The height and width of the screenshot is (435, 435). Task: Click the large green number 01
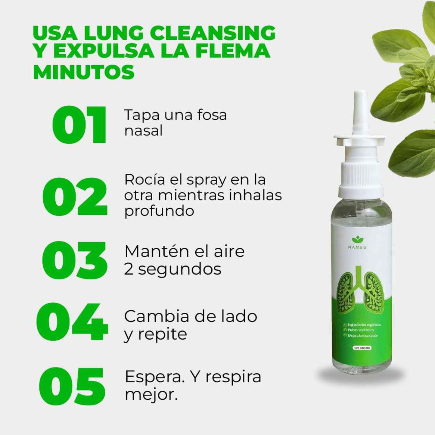pyautogui.click(x=79, y=124)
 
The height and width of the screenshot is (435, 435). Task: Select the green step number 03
pyautogui.click(x=75, y=260)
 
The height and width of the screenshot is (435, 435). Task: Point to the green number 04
pyautogui.click(x=72, y=322)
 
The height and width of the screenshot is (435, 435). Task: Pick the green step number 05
pyautogui.click(x=72, y=386)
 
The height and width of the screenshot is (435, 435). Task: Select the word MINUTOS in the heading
pyautogui.click(x=84, y=72)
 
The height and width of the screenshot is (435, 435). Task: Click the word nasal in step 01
pyautogui.click(x=144, y=131)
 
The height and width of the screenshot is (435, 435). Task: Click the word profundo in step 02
pyautogui.click(x=159, y=211)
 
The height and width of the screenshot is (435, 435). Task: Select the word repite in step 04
pyautogui.click(x=163, y=334)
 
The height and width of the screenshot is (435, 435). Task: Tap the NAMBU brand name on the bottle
pyautogui.click(x=357, y=247)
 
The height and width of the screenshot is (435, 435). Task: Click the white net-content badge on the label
pyautogui.click(x=362, y=348)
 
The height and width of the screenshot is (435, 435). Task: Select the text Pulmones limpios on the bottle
pyautogui.click(x=361, y=330)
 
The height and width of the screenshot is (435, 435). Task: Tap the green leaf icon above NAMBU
pyautogui.click(x=358, y=240)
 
